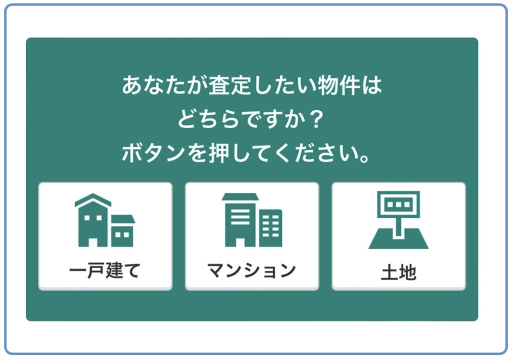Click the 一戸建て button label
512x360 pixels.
105,270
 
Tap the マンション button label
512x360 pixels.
252,270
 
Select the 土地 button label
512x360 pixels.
398,272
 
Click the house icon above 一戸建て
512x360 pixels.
105,220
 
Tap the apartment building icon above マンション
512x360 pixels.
252,219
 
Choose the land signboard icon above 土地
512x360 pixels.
398,220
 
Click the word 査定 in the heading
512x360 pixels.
230,85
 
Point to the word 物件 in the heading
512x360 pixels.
339,85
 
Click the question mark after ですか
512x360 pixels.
316,119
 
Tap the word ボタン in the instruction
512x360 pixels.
153,153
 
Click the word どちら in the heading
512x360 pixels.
208,119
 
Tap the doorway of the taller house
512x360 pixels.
93,242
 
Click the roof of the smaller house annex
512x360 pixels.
123,219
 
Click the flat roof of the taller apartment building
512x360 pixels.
240,196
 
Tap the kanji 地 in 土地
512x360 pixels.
407,272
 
